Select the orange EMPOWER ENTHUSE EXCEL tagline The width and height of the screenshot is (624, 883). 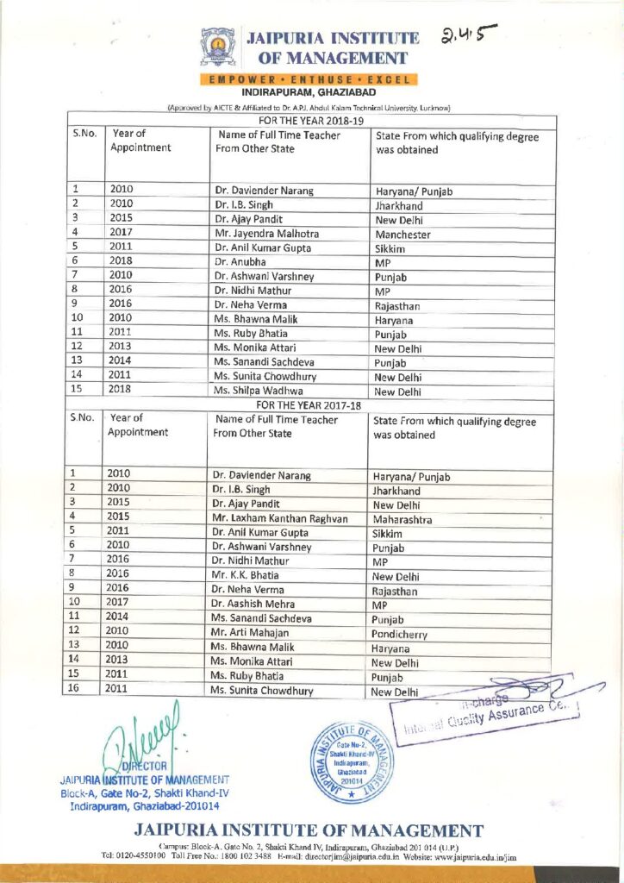[x=309, y=79]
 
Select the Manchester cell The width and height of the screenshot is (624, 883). [x=404, y=234]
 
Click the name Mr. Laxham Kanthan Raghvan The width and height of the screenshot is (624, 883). [x=280, y=519]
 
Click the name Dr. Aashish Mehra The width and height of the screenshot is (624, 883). [x=253, y=604]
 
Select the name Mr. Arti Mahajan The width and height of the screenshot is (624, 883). [x=251, y=632]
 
